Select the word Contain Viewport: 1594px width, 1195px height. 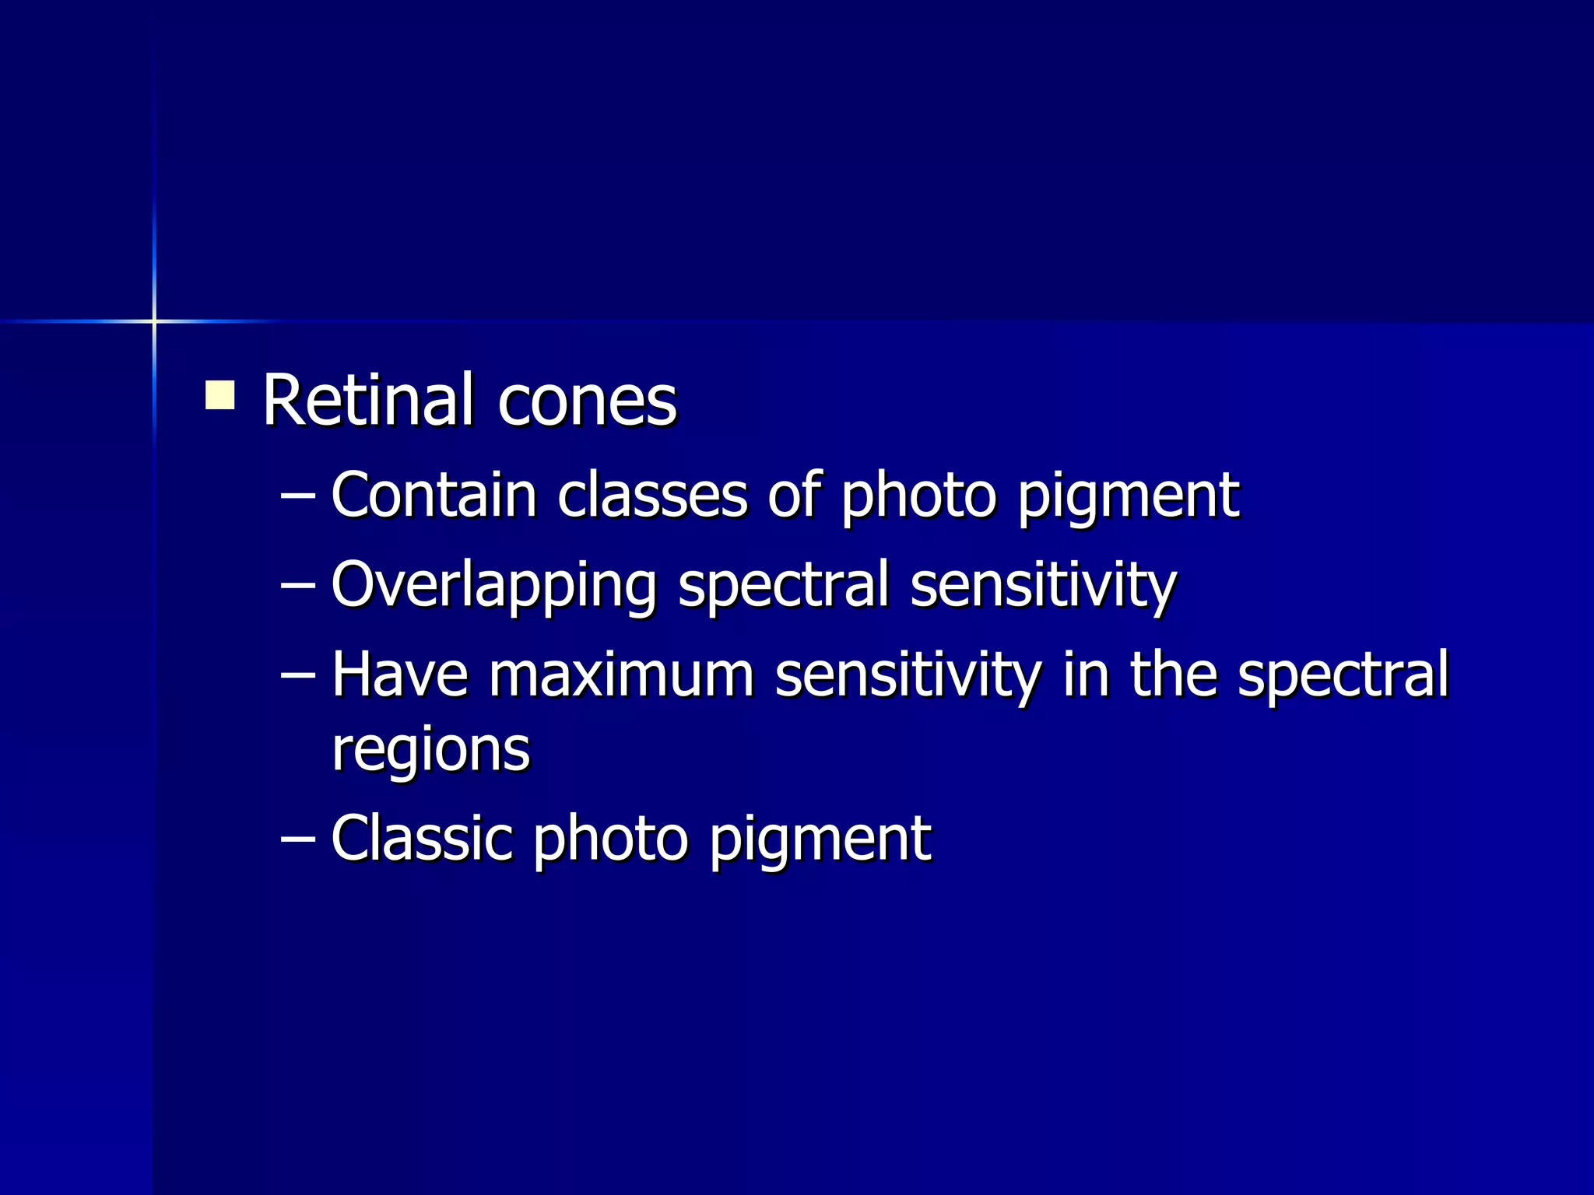coord(434,495)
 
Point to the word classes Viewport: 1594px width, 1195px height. coord(652,495)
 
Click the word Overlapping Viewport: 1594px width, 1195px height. coord(493,585)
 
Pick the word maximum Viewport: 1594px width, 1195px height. coord(622,674)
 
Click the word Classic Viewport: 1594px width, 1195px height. coord(421,839)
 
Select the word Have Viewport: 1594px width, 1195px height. coord(399,674)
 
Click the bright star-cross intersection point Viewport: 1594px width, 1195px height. coord(154,321)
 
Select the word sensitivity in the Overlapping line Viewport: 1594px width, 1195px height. coord(1043,585)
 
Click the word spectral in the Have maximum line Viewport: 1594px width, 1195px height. coord(1343,674)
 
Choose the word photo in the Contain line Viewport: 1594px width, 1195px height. coord(918,496)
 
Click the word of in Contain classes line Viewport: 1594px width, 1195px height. coord(793,495)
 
